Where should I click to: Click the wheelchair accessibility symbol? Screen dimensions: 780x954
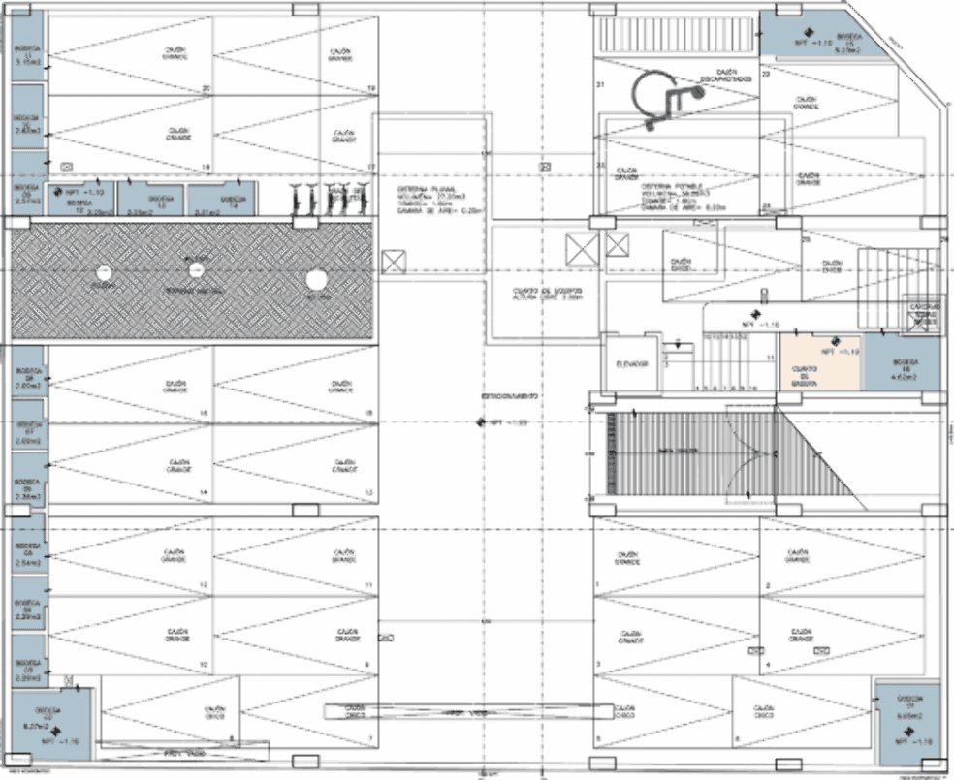tap(666, 97)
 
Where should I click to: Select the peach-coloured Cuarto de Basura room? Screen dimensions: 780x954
tap(819, 361)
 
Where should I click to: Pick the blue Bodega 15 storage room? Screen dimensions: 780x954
tap(801, 35)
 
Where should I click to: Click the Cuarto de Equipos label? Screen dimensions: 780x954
tap(547, 294)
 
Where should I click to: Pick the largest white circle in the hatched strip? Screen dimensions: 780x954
tap(315, 280)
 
